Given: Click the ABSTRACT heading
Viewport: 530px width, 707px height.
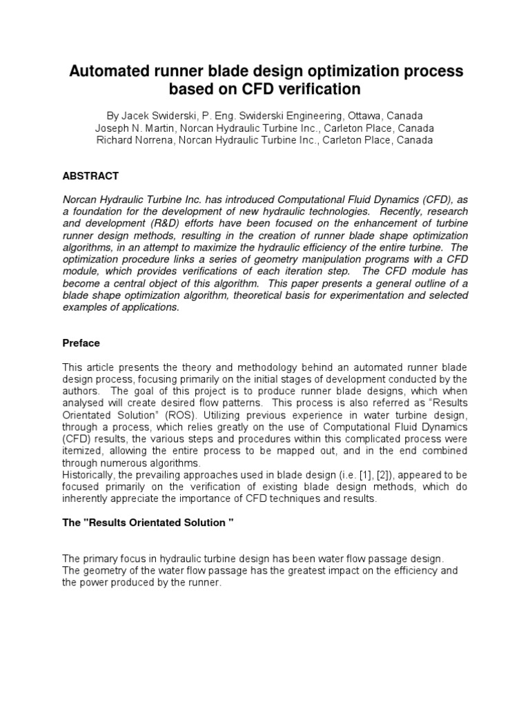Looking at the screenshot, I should pos(90,176).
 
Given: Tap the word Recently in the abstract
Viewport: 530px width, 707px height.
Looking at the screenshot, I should pos(384,211).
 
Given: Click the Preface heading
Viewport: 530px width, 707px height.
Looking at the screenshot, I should pos(81,343).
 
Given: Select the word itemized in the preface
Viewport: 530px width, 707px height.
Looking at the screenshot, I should pos(82,452).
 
